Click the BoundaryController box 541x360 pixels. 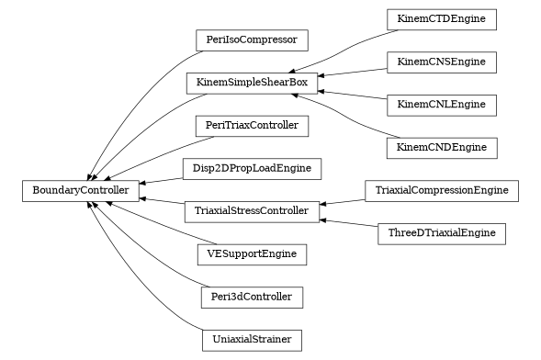pos(81,191)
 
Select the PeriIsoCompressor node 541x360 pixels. pos(252,40)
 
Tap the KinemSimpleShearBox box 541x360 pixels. pos(252,83)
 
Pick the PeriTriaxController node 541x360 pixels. pos(252,125)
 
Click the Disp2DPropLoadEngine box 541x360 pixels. pos(252,168)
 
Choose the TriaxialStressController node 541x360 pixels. pos(252,211)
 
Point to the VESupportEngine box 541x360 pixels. pos(252,253)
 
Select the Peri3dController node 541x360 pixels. pos(252,297)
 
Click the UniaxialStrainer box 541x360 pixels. pos(252,340)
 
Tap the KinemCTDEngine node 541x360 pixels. pos(442,19)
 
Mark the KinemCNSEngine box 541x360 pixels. pos(442,62)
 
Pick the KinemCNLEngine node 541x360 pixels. pos(442,105)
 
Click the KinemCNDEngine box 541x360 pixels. pos(442,147)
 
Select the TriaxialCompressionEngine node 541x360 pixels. pos(442,191)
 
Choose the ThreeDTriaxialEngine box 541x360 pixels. pos(442,233)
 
